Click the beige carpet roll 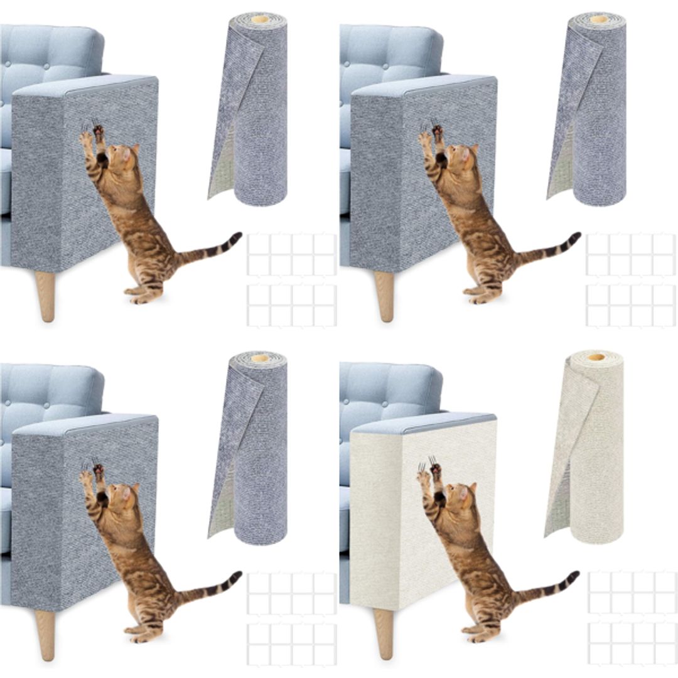(593, 452)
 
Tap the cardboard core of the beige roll (596, 357)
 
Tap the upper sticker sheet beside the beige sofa (632, 593)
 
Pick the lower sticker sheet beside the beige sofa (632, 644)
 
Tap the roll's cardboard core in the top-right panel (598, 19)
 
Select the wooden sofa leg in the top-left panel (45, 296)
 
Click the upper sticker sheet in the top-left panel (291, 255)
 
